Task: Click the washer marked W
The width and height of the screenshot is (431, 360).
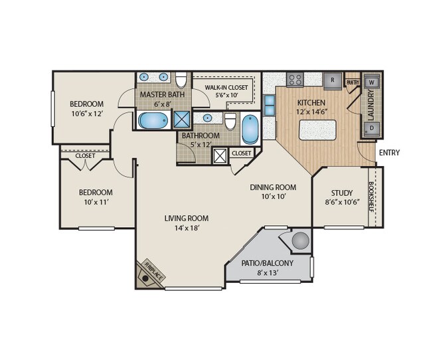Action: coord(372,82)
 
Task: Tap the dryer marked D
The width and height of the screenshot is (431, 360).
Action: coord(372,128)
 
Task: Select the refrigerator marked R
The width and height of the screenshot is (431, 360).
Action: coord(332,80)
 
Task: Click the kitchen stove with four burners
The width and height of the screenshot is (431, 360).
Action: coord(295,80)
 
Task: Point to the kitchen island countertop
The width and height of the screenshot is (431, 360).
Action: coord(317,130)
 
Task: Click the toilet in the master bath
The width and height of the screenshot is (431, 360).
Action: coord(181,79)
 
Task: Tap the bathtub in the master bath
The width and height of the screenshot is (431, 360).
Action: coord(153,120)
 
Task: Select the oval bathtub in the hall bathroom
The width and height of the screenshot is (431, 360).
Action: coord(250,130)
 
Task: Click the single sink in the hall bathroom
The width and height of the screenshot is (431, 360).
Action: coord(207,118)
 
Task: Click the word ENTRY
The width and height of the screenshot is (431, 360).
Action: coord(389,152)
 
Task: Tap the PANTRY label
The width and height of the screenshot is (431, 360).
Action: coord(353,82)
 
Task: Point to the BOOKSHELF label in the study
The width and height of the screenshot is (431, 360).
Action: coord(371,197)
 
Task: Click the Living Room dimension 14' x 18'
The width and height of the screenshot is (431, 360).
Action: coord(187,228)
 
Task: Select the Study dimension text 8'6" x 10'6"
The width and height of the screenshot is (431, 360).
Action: coord(342,202)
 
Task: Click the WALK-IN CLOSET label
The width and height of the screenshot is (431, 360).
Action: coord(226,88)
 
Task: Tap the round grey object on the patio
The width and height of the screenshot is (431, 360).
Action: coord(300,241)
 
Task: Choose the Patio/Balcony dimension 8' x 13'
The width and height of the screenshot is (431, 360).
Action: coord(267,274)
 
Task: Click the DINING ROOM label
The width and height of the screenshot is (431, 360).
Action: coord(273,187)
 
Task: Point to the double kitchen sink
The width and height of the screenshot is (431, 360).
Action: coord(269,106)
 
